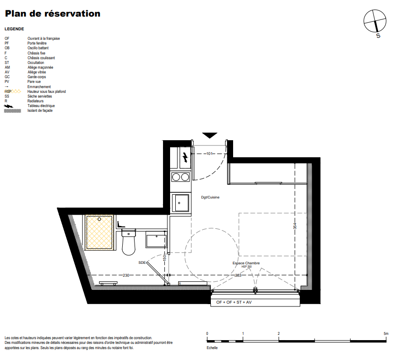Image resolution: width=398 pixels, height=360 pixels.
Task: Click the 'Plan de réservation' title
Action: (x=53, y=14)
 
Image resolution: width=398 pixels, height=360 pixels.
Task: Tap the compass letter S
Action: (x=378, y=36)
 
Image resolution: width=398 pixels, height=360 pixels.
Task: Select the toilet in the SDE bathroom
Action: (x=128, y=242)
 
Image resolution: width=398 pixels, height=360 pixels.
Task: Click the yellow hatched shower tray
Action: (x=99, y=232)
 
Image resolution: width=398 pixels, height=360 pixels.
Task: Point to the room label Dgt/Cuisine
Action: (x=210, y=197)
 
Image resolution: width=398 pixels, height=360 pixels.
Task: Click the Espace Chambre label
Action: (x=246, y=263)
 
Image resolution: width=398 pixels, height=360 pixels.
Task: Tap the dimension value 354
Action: (x=295, y=226)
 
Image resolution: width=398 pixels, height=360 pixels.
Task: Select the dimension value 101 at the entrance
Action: (x=209, y=153)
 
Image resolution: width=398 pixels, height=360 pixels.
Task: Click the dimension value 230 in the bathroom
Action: (x=126, y=275)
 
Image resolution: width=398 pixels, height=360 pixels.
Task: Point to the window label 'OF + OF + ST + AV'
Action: (x=234, y=302)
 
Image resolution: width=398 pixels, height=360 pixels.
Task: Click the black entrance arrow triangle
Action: (x=209, y=135)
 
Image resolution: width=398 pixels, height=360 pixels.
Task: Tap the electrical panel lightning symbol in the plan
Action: (x=185, y=158)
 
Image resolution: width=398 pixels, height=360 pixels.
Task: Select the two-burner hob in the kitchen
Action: (x=181, y=177)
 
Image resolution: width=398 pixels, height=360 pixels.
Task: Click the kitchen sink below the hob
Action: (x=180, y=203)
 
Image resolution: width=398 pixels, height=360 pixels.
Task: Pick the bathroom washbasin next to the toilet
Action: (x=156, y=240)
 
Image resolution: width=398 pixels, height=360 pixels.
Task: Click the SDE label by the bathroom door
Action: (x=142, y=262)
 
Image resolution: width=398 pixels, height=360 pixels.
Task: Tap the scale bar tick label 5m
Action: (x=386, y=333)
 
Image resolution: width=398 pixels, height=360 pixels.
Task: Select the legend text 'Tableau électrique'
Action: (x=41, y=106)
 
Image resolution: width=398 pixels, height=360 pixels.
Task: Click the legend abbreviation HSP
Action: (x=8, y=91)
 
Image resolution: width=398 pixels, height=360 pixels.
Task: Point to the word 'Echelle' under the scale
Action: (x=212, y=348)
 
